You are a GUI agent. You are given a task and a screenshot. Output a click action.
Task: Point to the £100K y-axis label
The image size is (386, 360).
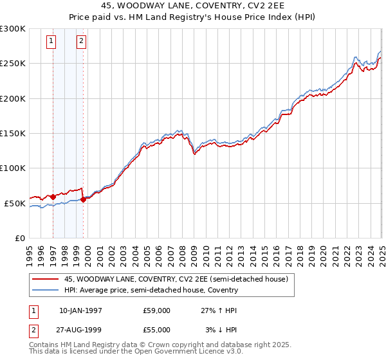coord(14,168)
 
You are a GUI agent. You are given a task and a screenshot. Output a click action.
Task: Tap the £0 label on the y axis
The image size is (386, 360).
coord(21,239)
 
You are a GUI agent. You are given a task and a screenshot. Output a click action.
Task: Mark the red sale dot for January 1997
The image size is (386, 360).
coord(53,197)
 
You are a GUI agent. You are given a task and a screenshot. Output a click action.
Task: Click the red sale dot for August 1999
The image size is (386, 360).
coord(84,199)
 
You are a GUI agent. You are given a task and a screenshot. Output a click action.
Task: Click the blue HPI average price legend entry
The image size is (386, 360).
coord(151,290)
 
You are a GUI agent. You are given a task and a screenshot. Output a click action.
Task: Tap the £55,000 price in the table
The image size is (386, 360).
coord(156,329)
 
